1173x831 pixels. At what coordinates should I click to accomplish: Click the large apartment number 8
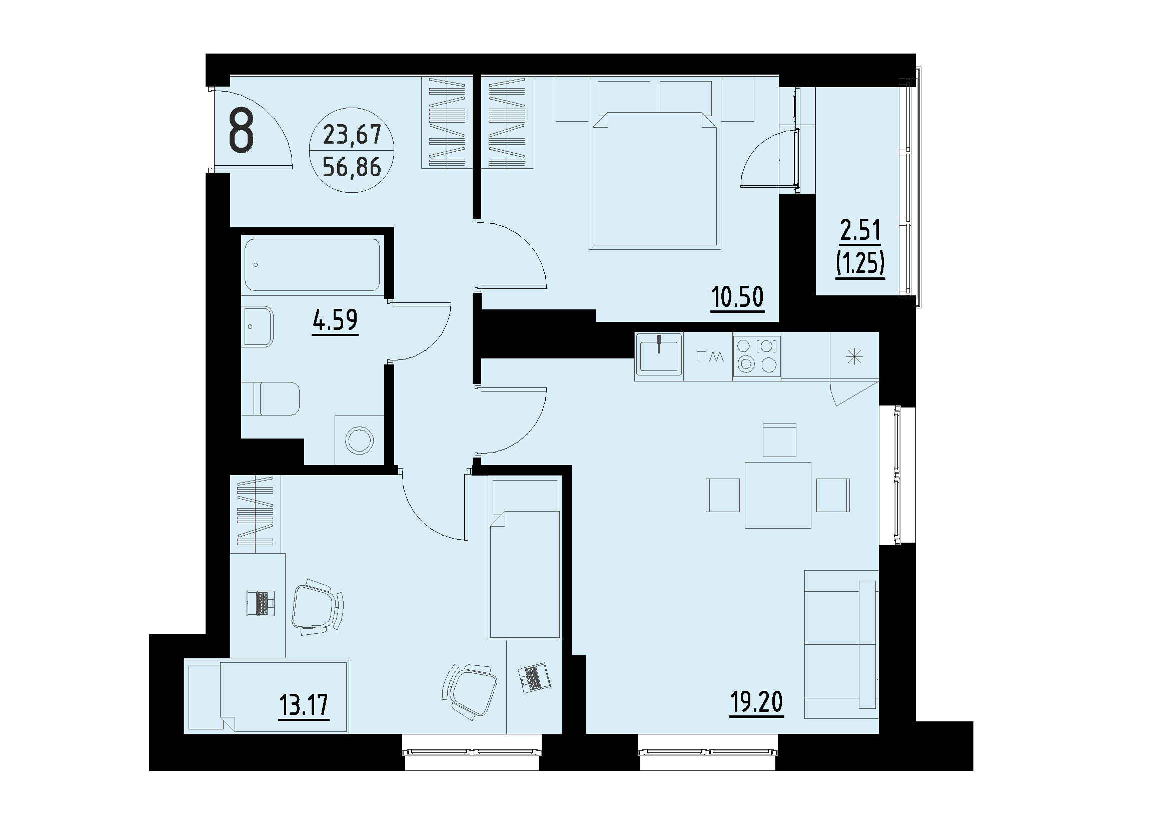[x=241, y=132]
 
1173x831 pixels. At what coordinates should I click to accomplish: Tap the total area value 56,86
[x=352, y=167]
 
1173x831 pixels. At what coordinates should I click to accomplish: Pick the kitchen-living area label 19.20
[x=756, y=702]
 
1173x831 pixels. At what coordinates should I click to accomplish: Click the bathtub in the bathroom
[x=312, y=264]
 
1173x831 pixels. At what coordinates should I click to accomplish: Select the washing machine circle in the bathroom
[x=360, y=440]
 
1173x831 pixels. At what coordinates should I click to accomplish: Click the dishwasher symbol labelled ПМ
[x=710, y=356]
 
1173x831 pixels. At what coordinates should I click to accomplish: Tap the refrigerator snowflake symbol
[x=854, y=356]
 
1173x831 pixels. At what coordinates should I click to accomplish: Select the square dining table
[x=778, y=495]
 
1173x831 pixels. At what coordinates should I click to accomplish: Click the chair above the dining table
[x=779, y=440]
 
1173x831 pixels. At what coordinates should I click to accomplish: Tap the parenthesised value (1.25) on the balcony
[x=860, y=263]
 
